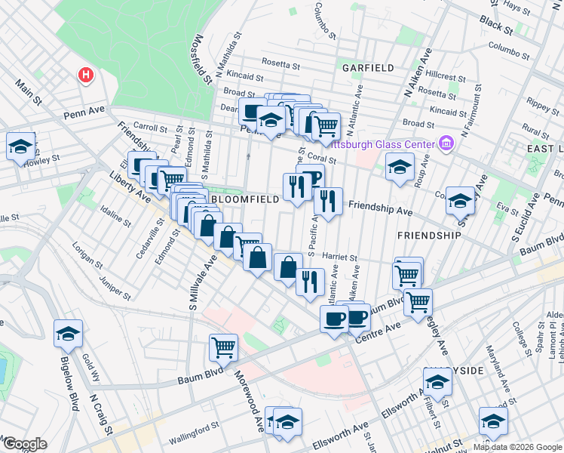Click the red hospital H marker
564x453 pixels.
click(87, 75)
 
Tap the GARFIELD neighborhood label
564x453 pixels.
click(368, 68)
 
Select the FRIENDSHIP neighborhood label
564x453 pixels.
click(429, 236)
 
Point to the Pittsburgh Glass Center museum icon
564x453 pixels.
click(446, 143)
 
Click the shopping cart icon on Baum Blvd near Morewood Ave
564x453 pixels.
click(224, 348)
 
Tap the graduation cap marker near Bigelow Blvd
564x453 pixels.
click(68, 333)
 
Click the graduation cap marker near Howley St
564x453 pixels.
click(20, 146)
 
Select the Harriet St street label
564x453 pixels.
click(339, 257)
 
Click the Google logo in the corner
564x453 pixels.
click(24, 444)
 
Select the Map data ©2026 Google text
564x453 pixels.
click(517, 447)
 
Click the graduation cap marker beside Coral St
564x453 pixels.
click(400, 167)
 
